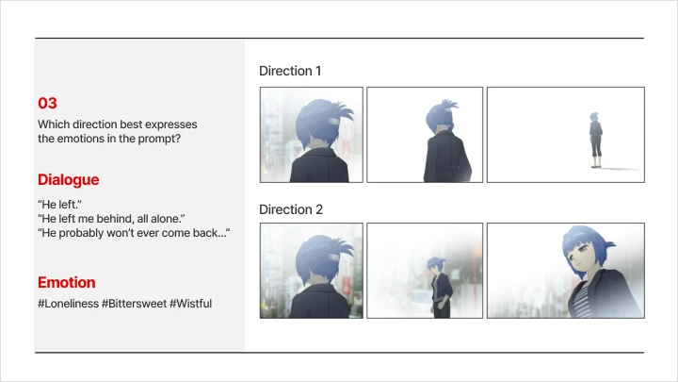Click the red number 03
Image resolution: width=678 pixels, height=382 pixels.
click(x=47, y=104)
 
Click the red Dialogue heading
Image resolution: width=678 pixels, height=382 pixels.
click(x=68, y=179)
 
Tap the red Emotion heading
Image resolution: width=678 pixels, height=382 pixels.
click(x=66, y=282)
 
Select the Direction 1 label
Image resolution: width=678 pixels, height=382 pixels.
click(x=290, y=71)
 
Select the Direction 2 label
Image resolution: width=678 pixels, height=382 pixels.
click(x=290, y=209)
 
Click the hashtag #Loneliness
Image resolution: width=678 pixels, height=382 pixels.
click(x=70, y=303)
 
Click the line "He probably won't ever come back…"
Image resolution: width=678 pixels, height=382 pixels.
click(x=135, y=233)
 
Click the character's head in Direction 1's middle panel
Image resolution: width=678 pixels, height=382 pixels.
click(x=438, y=118)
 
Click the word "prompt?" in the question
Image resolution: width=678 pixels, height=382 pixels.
click(x=160, y=139)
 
